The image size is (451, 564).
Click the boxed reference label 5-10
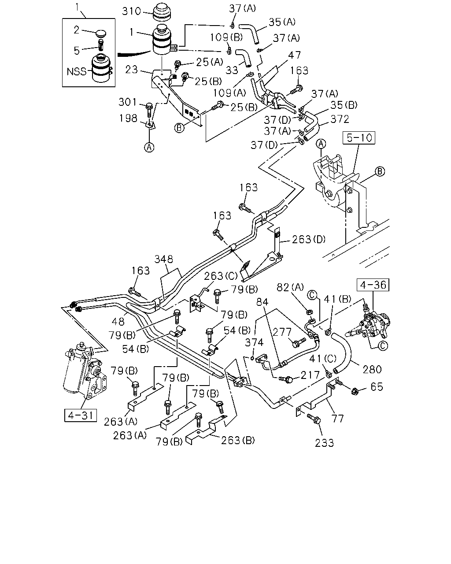coord(359,138)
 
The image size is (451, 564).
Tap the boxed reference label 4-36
coord(373,285)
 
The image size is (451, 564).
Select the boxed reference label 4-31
coord(81,415)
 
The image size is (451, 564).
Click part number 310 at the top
coord(132,11)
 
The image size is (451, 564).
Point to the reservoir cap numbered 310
coord(162,12)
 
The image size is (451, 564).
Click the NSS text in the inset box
coord(77,71)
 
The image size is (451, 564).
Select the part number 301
coord(128,102)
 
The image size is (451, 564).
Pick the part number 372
coord(340,119)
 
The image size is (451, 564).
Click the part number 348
coord(164,259)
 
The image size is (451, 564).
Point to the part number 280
coord(372,370)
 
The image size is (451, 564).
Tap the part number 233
coord(325,443)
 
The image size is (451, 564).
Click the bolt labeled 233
coord(314,419)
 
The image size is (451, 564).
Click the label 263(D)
coord(309,239)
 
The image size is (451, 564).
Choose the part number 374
coord(254,342)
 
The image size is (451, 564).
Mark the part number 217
coord(310,375)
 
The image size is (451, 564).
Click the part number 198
coord(128,118)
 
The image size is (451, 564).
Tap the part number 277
coord(282,332)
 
